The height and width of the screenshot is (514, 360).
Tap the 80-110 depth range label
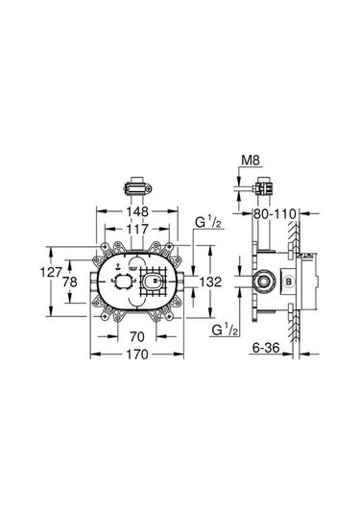pyautogui.click(x=273, y=214)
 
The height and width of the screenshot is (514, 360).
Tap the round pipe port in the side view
pyautogui.click(x=261, y=281)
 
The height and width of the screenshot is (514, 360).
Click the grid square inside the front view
pyautogui.click(x=153, y=281)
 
